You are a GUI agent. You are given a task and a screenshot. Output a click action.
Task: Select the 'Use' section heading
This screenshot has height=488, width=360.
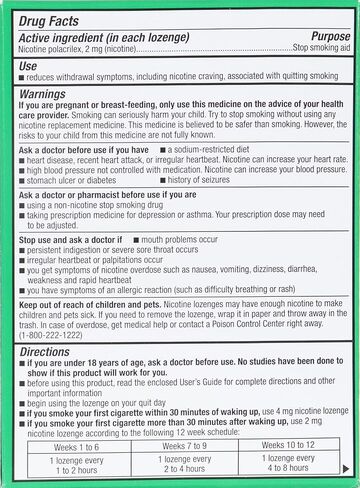pyautogui.click(x=28, y=65)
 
